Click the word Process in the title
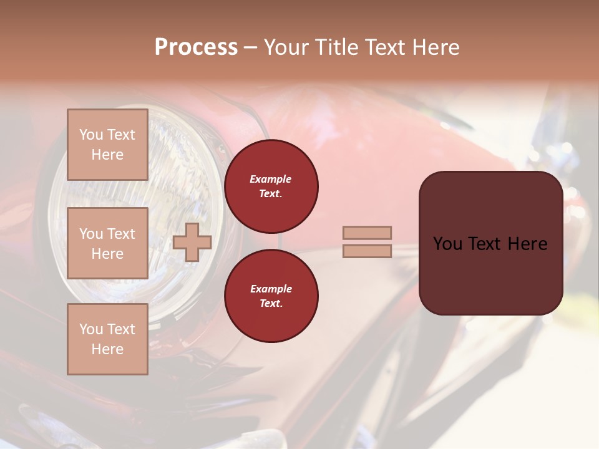pos(196,47)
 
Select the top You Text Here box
pos(107,145)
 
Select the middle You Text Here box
pos(107,243)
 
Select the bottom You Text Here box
pos(107,339)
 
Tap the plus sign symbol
pos(192,242)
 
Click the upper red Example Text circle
pos(271,186)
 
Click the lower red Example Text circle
pos(271,296)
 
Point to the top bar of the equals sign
pos(367,233)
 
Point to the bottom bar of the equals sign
pos(367,251)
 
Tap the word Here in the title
pos(436,47)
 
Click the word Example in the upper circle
pos(271,179)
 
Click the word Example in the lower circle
pos(271,289)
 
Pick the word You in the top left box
pos(91,135)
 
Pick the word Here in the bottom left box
pos(107,349)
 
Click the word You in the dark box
pos(447,244)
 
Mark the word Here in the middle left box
pos(107,254)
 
